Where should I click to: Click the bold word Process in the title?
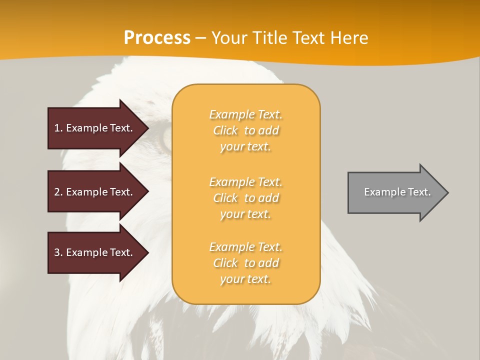coord(157,38)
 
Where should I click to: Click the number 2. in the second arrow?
coord(58,192)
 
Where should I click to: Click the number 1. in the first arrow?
coord(58,128)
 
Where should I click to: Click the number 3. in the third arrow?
coord(58,252)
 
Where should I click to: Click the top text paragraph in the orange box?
coord(245,130)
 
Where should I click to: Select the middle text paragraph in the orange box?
coord(245,198)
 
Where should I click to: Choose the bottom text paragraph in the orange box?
coord(245,263)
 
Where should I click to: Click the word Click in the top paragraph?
coord(225,130)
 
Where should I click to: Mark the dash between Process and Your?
coord(201,38)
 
